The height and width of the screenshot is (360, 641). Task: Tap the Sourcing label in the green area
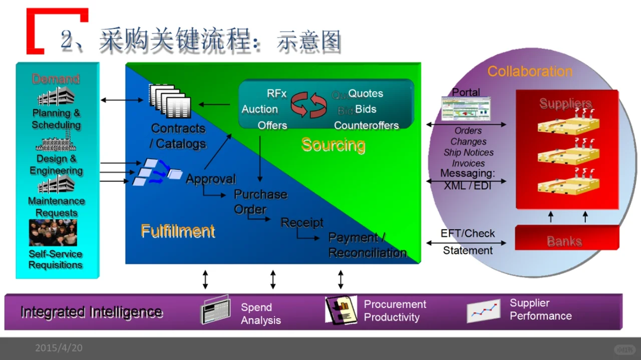point(333,145)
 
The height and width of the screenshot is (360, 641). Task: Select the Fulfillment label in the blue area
point(178,231)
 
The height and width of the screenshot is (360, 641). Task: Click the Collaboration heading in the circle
point(529,72)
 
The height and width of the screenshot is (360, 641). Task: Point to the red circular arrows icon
point(309,105)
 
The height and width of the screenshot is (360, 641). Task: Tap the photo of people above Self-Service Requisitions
point(53,233)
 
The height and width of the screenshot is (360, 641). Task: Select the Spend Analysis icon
point(216,309)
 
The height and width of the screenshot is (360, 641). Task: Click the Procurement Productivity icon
point(341,310)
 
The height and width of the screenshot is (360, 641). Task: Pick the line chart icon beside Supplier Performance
point(483,310)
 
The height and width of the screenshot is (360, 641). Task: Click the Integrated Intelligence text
point(91,312)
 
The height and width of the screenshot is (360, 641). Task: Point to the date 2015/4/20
point(59,347)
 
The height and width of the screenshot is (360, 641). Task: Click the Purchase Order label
point(260,201)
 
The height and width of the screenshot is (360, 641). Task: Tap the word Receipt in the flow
point(302,222)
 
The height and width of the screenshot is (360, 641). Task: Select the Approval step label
point(211,179)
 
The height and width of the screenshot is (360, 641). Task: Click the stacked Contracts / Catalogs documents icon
point(169,101)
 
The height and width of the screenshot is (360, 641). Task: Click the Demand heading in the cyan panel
point(56,79)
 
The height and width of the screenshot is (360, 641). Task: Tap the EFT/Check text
point(467,233)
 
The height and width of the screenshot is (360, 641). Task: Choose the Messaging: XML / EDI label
point(467,179)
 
